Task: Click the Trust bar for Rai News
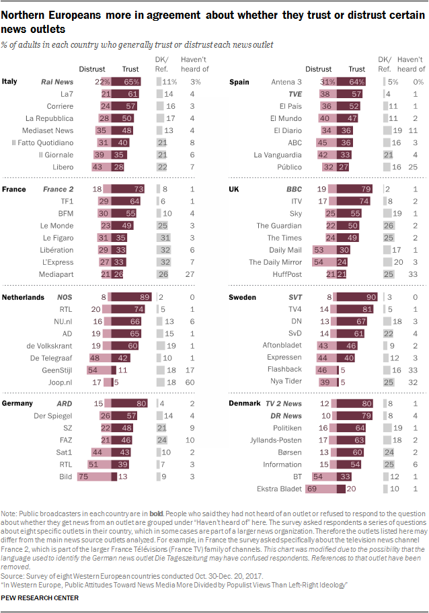126,81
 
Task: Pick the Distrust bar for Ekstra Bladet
321,488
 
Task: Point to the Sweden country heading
242,296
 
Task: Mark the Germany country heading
18,403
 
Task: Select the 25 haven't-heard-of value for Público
416,167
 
